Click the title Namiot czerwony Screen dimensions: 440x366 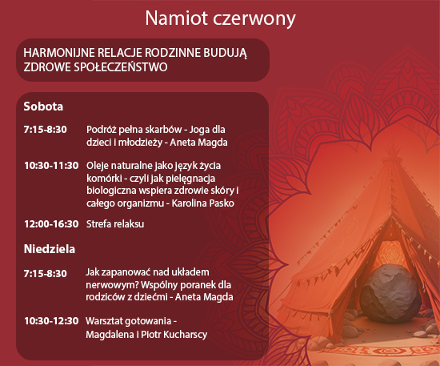[x=220, y=18]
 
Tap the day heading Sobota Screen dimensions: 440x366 [x=43, y=107]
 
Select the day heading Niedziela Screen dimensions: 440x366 [x=50, y=249]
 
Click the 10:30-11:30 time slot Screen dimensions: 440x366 [x=51, y=166]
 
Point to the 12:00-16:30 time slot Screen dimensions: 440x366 [x=51, y=224]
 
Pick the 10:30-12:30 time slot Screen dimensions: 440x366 [x=51, y=321]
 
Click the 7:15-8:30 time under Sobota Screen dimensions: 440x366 [x=45, y=130]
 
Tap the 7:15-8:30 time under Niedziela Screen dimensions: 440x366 [x=45, y=273]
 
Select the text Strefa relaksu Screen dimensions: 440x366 [x=115, y=224]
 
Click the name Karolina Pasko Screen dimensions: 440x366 [x=202, y=203]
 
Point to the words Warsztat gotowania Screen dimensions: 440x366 [x=129, y=321]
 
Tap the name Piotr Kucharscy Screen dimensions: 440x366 [x=174, y=335]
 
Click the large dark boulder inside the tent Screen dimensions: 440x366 [x=390, y=293]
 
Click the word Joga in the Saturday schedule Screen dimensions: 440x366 [x=199, y=130]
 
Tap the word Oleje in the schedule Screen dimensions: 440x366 [x=98, y=166]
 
